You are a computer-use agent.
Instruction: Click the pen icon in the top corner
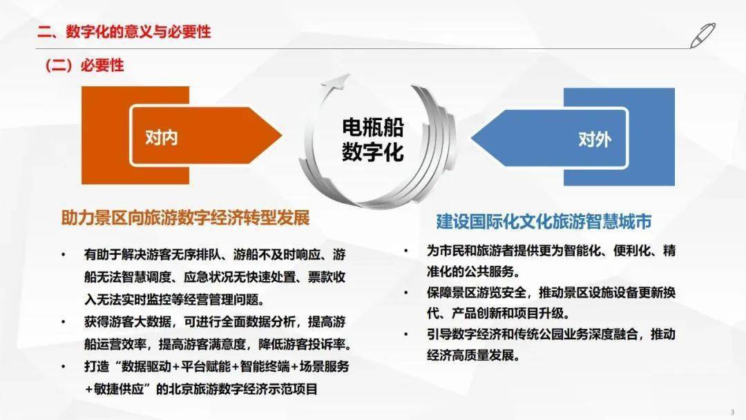pos(702,35)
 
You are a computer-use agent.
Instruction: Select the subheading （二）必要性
pos(84,66)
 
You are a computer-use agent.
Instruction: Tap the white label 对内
pos(162,137)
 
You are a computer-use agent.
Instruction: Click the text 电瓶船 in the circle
pos(372,126)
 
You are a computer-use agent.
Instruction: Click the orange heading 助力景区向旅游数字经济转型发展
pos(185,218)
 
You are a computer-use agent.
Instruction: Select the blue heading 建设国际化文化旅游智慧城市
pos(544,222)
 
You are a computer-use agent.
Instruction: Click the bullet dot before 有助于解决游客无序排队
pos(64,254)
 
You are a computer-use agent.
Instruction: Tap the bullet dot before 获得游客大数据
pos(64,322)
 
